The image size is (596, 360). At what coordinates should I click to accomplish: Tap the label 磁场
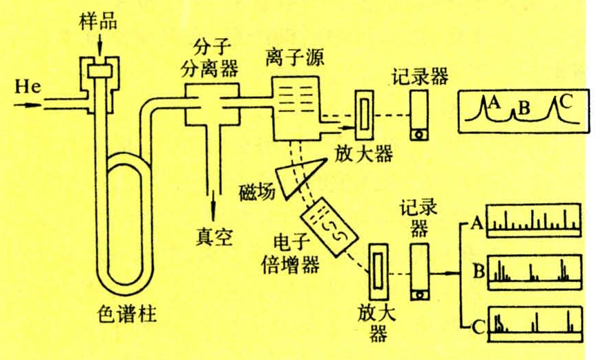[x=256, y=189]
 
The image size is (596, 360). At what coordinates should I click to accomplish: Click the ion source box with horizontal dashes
[x=296, y=105]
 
